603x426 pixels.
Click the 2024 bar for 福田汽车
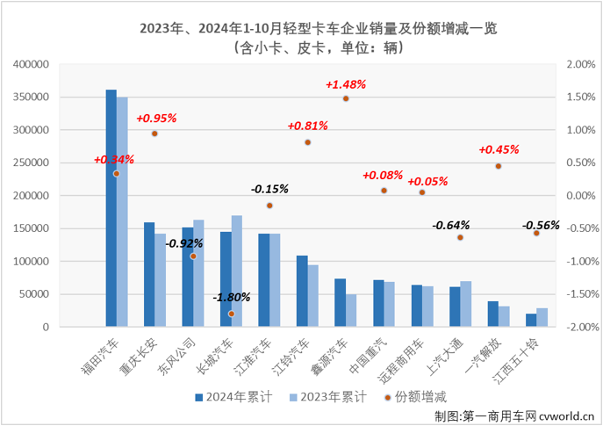tap(111, 208)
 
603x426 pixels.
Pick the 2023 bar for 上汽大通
tap(466, 304)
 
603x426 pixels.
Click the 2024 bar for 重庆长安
tap(149, 274)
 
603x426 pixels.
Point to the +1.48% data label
tap(345, 84)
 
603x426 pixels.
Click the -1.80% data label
tap(232, 297)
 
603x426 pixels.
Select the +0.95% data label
tap(156, 118)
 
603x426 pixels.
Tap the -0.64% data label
tap(451, 224)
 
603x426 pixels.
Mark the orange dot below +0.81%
tap(308, 142)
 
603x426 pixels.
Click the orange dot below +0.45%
tap(498, 166)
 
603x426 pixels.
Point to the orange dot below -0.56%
tap(536, 233)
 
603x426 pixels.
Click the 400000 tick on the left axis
tap(32, 64)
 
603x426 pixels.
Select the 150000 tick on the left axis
tap(32, 228)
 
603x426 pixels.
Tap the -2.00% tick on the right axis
tap(582, 327)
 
